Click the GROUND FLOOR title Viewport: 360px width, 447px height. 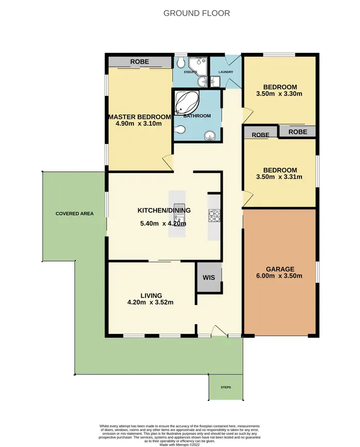(x=197, y=13)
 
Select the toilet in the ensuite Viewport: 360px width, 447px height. (x=180, y=63)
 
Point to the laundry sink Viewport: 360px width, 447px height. (x=215, y=82)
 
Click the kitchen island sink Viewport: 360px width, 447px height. (x=176, y=221)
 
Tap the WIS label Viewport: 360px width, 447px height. (x=209, y=277)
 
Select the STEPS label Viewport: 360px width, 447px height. (x=226, y=387)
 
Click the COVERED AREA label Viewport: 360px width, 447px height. (x=74, y=213)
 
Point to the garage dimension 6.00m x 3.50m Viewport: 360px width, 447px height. (x=280, y=276)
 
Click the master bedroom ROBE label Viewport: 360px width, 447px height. (x=140, y=62)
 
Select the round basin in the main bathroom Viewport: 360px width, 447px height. (x=210, y=136)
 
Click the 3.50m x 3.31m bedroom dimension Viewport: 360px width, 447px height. (x=280, y=176)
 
